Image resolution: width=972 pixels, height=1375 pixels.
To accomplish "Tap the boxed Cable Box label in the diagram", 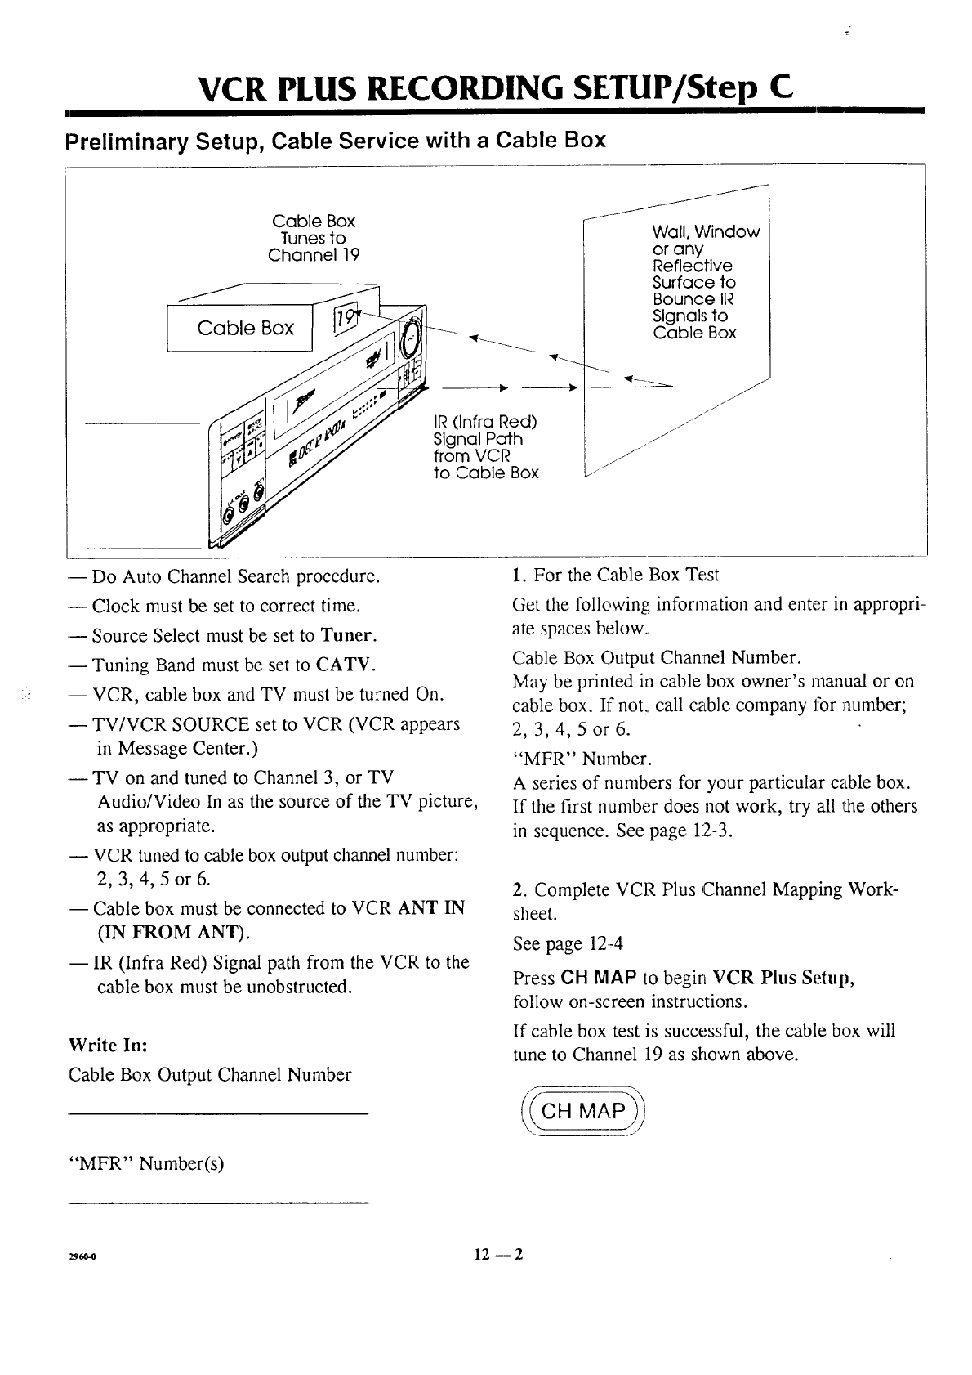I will click(245, 328).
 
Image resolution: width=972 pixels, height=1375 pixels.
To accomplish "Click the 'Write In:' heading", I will click(108, 1045).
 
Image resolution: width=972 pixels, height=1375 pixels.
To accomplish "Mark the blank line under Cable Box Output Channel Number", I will click(219, 1113).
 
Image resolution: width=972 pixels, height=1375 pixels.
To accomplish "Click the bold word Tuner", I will click(348, 635).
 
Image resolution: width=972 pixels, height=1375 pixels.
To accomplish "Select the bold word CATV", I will click(346, 664).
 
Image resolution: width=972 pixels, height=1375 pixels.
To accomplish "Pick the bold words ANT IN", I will click(431, 907).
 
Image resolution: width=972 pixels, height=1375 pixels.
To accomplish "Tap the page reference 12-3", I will click(711, 831).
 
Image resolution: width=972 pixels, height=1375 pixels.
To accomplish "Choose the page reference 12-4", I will click(605, 944).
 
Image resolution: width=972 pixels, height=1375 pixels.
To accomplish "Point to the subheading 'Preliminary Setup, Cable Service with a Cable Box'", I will click(336, 140).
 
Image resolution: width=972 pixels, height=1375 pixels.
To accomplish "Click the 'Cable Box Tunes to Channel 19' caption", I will click(314, 238).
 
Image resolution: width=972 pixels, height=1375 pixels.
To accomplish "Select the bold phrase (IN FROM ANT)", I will click(172, 933).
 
